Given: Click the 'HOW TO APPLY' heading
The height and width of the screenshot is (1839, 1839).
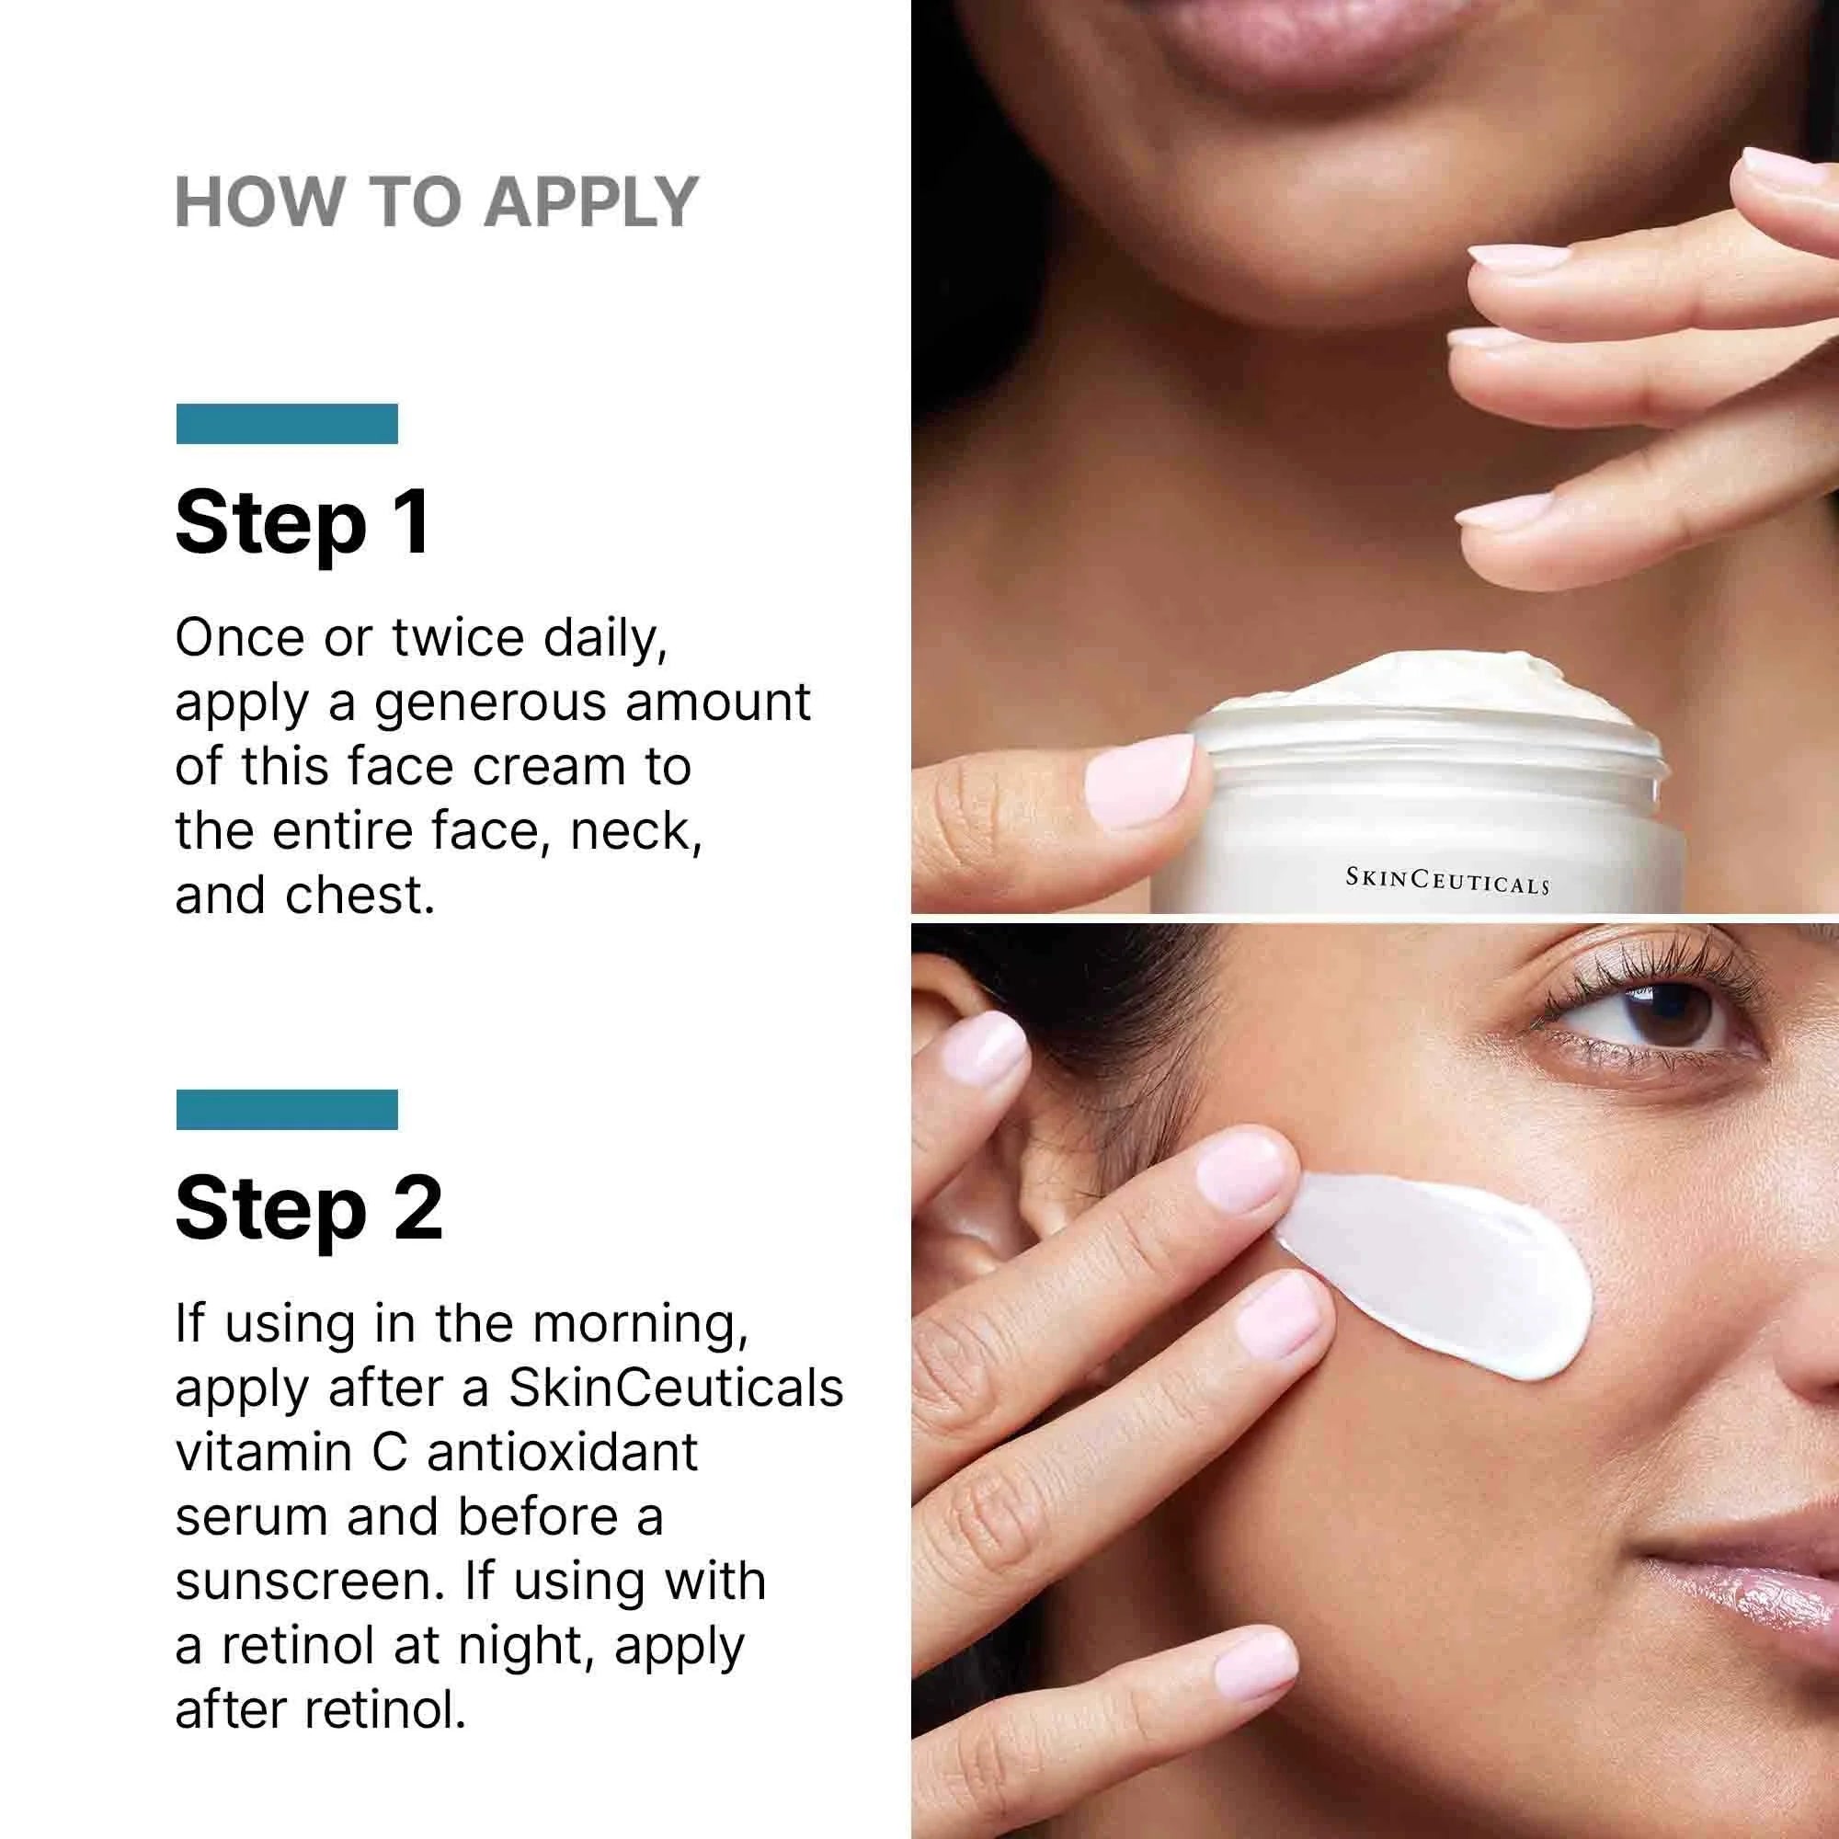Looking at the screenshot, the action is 437,202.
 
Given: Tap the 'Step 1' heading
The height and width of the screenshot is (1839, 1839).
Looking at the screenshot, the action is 303,524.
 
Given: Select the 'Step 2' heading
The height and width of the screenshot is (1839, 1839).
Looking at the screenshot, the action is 309,1210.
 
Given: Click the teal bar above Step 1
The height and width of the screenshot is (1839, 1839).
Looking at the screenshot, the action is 287,424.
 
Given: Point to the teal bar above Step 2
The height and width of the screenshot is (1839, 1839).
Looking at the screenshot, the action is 287,1109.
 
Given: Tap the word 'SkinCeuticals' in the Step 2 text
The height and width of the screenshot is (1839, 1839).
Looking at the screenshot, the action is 676,1388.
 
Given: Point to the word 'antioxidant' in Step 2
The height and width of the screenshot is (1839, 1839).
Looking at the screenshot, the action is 563,1454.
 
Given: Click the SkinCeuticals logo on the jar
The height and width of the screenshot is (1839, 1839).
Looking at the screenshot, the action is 1446,881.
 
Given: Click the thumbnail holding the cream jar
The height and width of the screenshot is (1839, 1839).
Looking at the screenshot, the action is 1138,772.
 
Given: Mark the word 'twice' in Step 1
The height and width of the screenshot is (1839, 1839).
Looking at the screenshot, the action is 458,637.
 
